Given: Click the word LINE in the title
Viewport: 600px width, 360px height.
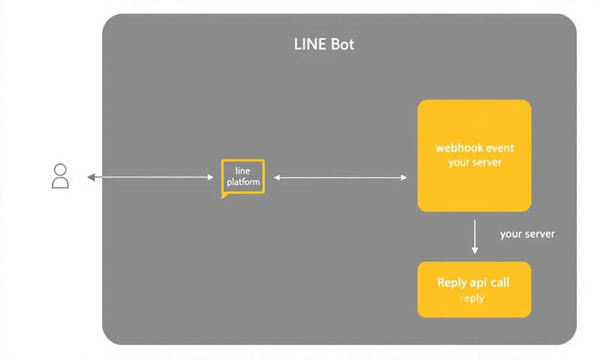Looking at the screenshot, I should [x=310, y=44].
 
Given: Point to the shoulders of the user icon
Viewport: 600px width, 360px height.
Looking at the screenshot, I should [x=60, y=182].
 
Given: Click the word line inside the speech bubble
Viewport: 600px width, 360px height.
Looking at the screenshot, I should [x=242, y=171].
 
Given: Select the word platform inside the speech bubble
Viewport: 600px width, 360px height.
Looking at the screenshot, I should [x=242, y=182].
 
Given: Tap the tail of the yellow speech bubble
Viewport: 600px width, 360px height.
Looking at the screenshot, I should [x=225, y=195].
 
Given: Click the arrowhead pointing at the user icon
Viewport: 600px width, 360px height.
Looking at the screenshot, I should [x=91, y=178].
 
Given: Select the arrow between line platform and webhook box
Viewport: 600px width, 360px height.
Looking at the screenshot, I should [x=340, y=178].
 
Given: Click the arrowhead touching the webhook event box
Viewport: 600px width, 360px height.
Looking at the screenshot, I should [x=403, y=178].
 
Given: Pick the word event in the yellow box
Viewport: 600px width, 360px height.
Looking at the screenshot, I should [x=499, y=148].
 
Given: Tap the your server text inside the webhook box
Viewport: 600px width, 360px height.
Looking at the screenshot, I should [x=475, y=162].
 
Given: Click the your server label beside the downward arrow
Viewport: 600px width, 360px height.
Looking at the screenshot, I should [x=527, y=234].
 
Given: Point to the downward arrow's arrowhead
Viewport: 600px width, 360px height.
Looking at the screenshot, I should [x=475, y=250].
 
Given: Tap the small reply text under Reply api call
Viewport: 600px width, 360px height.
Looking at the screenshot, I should [x=472, y=298].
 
